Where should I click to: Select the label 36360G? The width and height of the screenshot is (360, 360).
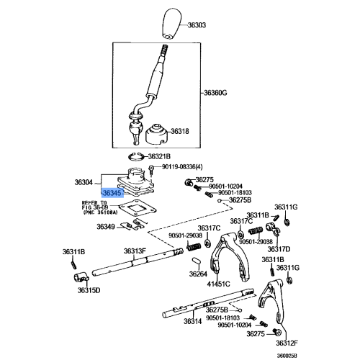point(215,93)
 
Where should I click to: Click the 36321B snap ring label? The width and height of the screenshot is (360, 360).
point(158,156)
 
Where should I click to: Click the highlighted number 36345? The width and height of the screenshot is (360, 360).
point(112,193)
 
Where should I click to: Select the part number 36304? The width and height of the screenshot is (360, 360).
point(85,182)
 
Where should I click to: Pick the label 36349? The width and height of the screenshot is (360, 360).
point(106,227)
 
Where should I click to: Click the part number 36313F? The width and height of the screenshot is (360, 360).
point(135,251)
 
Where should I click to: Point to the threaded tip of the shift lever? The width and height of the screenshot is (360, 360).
point(163,50)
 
